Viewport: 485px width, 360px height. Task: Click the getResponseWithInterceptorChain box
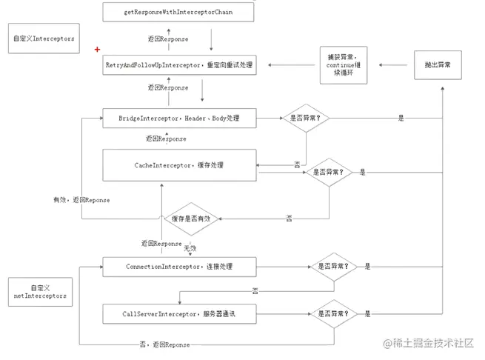178,13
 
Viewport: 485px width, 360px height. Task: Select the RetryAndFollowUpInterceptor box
178,65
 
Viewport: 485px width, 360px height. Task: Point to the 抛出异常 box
443,65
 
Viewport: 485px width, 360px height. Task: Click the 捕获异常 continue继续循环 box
345,65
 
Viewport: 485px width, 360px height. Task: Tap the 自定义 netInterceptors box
40,291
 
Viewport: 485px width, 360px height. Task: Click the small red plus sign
97,50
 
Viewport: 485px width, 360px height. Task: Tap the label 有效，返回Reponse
81,201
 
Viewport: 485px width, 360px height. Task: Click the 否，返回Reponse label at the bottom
164,344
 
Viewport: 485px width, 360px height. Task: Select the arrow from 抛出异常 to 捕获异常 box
391,65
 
